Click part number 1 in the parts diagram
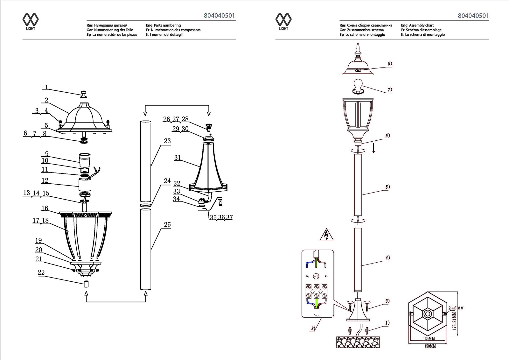pos(46,87)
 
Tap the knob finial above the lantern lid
pos(84,94)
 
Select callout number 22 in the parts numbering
pos(41,272)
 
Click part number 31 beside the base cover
pos(178,158)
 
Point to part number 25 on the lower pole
pos(167,225)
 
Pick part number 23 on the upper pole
pos(167,141)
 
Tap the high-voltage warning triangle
pos(326,235)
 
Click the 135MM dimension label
pos(429,338)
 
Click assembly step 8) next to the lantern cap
pos(390,64)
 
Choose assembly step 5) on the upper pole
pos(387,187)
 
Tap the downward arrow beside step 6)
pos(373,148)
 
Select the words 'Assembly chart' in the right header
pos(421,25)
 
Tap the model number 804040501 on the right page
pos(473,16)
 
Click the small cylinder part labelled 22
pos(86,284)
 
